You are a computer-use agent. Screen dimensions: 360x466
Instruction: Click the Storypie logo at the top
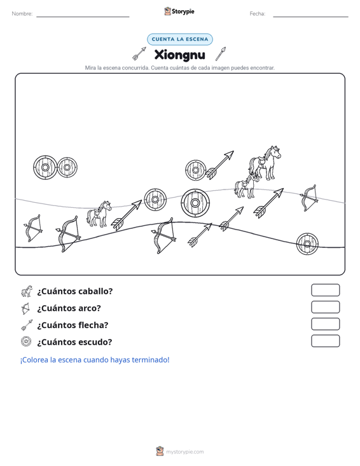[179, 11]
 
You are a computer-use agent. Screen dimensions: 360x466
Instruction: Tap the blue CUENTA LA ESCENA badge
[180, 39]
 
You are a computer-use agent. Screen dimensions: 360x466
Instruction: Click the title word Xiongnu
[179, 55]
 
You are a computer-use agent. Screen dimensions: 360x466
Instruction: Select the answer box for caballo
[325, 290]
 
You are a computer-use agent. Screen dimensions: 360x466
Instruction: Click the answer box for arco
[325, 307]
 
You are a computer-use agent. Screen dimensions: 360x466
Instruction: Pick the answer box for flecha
[325, 324]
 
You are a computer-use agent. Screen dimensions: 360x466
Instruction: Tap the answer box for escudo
[325, 341]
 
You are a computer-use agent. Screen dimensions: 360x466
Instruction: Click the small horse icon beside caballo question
[27, 291]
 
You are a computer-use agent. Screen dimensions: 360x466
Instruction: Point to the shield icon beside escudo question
[26, 341]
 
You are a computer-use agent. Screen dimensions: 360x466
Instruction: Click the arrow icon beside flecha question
[27, 325]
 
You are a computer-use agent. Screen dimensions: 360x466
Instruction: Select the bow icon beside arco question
[25, 308]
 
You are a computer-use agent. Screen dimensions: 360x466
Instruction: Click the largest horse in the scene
[265, 163]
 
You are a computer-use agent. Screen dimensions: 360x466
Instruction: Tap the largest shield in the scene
[195, 203]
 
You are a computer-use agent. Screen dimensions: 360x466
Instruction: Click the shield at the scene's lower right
[307, 244]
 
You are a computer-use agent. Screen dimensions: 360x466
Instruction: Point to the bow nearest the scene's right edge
[309, 198]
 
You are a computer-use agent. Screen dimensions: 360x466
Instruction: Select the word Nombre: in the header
[22, 14]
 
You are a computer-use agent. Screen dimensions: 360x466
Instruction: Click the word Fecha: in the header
[258, 14]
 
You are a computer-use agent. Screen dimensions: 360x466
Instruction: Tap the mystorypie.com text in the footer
[184, 452]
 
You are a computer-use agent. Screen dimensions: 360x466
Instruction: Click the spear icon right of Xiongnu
[221, 54]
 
